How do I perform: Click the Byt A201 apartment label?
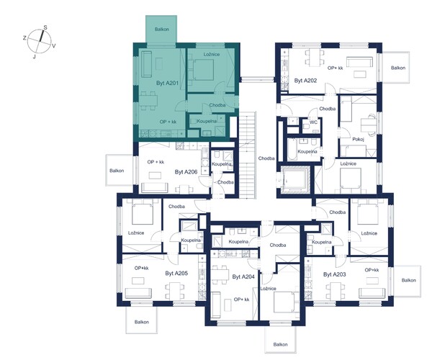(168, 83)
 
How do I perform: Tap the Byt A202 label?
(305, 81)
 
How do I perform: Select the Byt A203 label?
(335, 274)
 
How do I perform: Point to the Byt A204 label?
(243, 276)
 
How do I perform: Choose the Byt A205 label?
(176, 274)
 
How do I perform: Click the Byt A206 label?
(186, 172)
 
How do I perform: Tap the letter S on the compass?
(45, 27)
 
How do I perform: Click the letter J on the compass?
(34, 57)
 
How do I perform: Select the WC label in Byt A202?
(313, 122)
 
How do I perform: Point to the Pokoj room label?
(358, 140)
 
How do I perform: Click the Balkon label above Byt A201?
(162, 30)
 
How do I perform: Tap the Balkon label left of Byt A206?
(117, 171)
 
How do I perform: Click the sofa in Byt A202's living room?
(359, 62)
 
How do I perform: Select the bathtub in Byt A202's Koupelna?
(292, 149)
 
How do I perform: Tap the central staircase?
(248, 155)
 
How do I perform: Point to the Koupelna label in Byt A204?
(238, 242)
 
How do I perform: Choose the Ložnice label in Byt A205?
(136, 233)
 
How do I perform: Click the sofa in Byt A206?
(154, 188)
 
